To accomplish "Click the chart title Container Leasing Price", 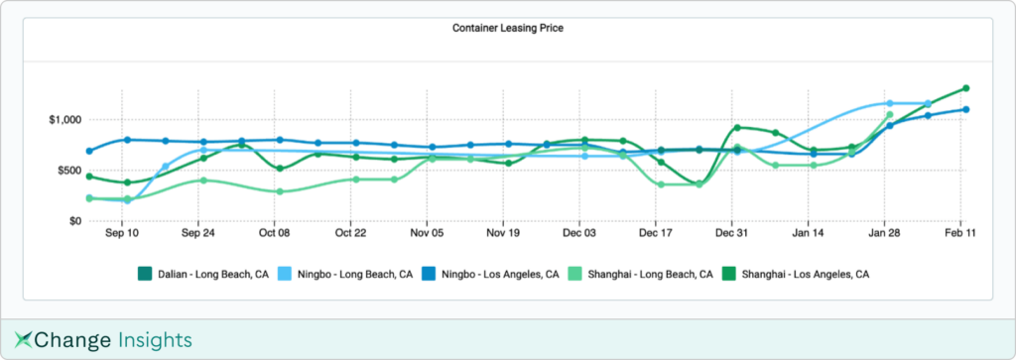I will pos(507,28).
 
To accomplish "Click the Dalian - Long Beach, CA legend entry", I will pos(202,274).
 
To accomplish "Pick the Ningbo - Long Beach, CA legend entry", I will pos(347,274).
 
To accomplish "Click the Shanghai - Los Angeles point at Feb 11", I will pos(965,88).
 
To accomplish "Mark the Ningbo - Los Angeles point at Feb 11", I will pos(965,110).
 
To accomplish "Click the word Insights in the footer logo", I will pos(153,340).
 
